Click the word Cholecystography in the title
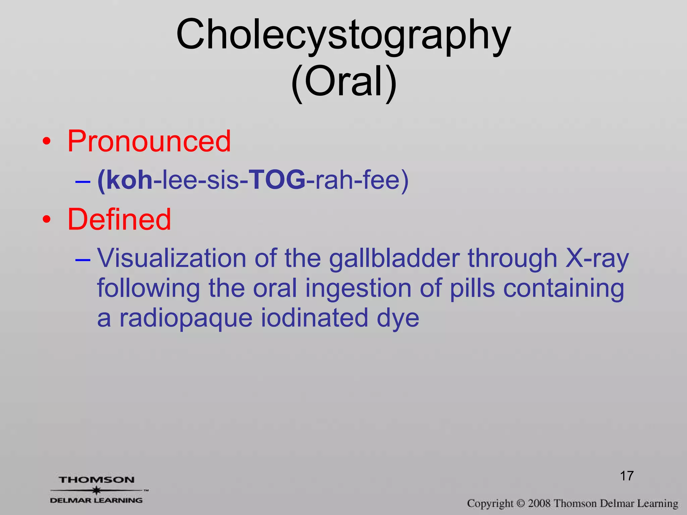pyautogui.click(x=343, y=35)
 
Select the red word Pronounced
pyautogui.click(x=149, y=141)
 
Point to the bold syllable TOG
pyautogui.click(x=277, y=180)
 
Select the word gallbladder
pyautogui.click(x=394, y=259)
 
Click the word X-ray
pyautogui.click(x=597, y=259)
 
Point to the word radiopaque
pyautogui.click(x=186, y=319)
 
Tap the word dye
pyautogui.click(x=398, y=319)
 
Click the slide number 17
pyautogui.click(x=627, y=476)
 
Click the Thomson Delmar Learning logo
pyautogui.click(x=97, y=490)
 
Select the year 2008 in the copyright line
pyautogui.click(x=539, y=504)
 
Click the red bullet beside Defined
pyautogui.click(x=47, y=220)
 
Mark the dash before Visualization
pyautogui.click(x=83, y=260)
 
